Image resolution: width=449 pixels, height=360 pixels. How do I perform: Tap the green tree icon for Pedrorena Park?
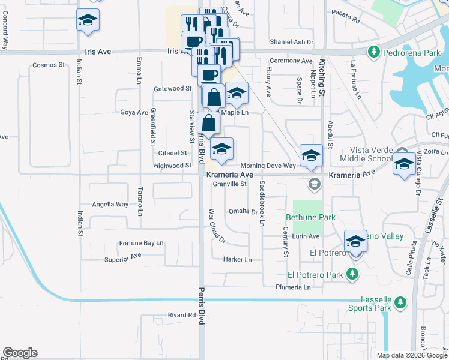point(373,53)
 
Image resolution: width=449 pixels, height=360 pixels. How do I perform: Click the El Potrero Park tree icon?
point(353,275)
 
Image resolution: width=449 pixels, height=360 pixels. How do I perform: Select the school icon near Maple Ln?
point(237,93)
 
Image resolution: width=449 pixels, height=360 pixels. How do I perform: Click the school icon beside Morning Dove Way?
point(310,155)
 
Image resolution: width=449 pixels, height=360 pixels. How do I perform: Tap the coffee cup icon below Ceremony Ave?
point(209,75)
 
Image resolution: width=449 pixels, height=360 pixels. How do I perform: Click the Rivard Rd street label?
point(182,314)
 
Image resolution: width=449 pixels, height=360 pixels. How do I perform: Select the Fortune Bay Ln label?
point(141,243)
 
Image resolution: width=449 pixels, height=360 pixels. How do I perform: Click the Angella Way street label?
point(110,204)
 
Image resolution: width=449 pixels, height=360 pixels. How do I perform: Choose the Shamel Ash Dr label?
point(292,43)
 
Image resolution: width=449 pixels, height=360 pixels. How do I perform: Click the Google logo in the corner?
point(20,353)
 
